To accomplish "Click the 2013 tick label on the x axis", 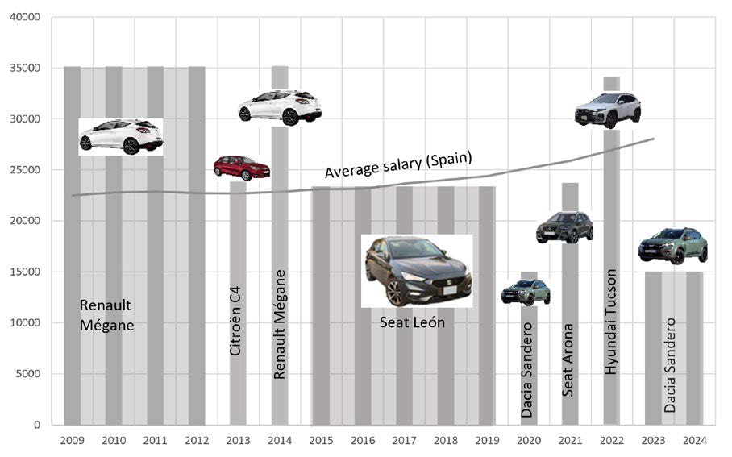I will click(239, 441).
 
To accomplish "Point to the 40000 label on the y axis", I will click(26, 18).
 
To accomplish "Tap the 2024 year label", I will click(694, 441).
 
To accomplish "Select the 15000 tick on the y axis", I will click(26, 272).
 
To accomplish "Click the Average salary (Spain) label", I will click(398, 164).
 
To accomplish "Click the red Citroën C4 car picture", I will click(241, 167).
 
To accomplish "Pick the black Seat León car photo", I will click(416, 270).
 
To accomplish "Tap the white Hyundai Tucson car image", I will click(607, 110).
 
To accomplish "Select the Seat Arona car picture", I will click(564, 227).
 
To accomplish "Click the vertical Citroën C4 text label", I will click(236, 326).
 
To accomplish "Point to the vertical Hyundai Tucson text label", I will click(611, 322).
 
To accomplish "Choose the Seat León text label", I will click(412, 322).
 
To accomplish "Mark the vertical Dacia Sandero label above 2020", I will click(527, 369).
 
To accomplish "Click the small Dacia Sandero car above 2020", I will click(526, 291).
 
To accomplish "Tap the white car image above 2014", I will click(280, 106).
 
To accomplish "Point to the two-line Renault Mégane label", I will click(107, 315).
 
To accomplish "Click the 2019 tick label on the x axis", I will click(486, 441).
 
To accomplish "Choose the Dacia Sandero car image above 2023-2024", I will click(672, 245).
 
